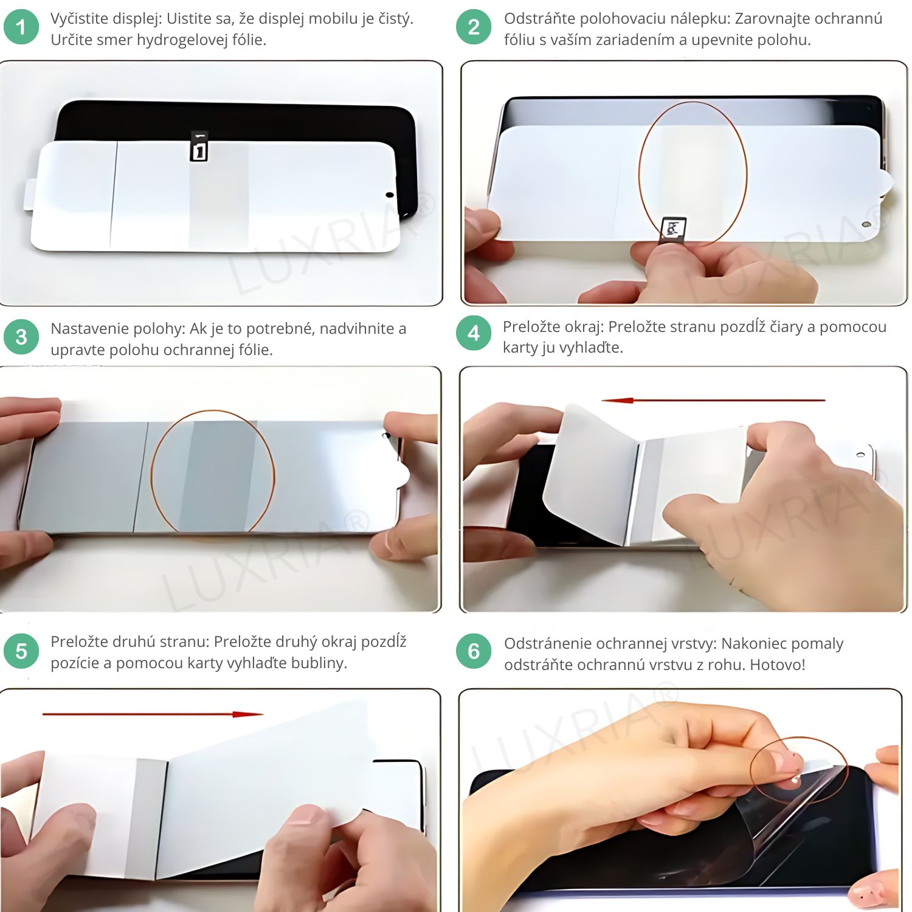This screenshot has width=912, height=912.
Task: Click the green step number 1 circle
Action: (x=21, y=27)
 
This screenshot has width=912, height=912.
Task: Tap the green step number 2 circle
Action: (x=474, y=27)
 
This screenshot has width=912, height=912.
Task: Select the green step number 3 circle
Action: (x=21, y=337)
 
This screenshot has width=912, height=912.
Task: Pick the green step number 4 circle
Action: (x=474, y=333)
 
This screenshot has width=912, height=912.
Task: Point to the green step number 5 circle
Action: (x=21, y=651)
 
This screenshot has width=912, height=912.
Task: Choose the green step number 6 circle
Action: (x=474, y=651)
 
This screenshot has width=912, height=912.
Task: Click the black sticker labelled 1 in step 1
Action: (x=199, y=146)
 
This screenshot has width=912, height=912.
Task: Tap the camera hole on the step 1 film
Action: (x=390, y=195)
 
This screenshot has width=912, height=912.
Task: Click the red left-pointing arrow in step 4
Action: (x=713, y=400)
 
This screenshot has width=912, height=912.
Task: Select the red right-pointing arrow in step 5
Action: (x=153, y=714)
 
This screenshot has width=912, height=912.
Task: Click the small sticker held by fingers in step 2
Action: (x=673, y=230)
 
